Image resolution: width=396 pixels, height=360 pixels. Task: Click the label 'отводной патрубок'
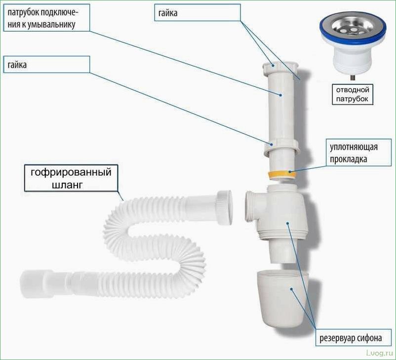[x=353, y=94]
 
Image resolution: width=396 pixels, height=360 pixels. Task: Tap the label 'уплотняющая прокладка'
[x=353, y=153]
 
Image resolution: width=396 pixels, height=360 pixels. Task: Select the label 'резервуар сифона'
[x=353, y=339]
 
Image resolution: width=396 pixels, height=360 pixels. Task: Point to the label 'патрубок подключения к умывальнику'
[x=45, y=18]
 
